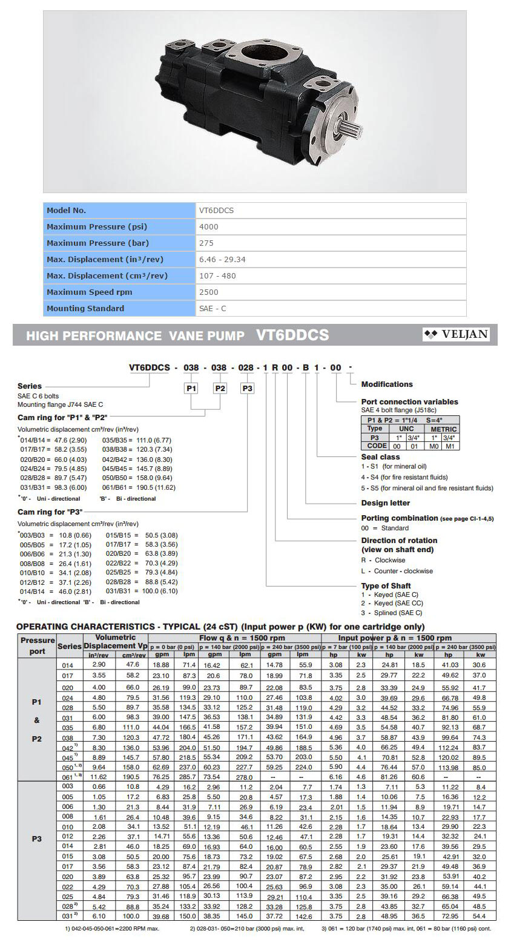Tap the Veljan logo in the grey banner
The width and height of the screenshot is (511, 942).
(457, 334)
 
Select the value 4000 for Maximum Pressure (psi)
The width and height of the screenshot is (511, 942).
(208, 227)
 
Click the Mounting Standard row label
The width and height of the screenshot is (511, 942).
(85, 308)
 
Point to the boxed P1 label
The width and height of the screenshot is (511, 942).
(191, 388)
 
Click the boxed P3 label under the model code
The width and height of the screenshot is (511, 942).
(248, 388)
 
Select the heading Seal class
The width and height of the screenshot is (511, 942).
(380, 457)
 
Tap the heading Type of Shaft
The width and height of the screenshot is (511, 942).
(386, 585)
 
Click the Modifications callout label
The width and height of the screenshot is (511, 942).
(386, 384)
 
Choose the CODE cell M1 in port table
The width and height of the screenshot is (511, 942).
(451, 446)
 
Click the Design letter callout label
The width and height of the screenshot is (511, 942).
(385, 502)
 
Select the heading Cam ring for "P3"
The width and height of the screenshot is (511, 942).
(50, 512)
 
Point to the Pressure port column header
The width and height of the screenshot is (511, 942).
(38, 645)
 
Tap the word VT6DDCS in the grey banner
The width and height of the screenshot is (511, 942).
(292, 335)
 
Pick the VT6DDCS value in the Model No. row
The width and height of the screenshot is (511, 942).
(216, 211)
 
